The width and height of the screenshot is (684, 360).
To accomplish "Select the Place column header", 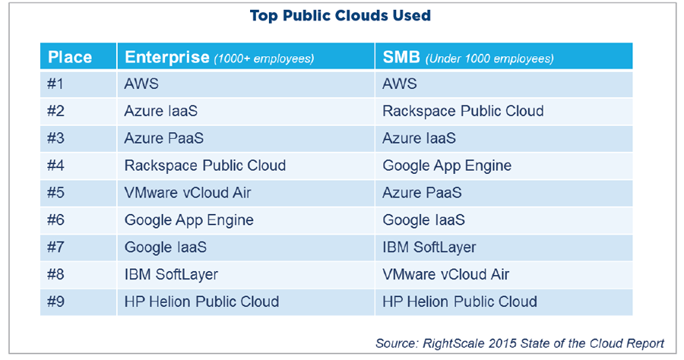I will coord(70,57).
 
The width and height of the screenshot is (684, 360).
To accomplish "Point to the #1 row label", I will coord(56,84).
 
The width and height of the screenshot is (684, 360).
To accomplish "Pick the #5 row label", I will coord(56,193).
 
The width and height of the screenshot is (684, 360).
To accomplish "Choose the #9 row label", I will coord(56,302).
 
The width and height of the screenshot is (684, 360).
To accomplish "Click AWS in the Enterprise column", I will coord(141,84).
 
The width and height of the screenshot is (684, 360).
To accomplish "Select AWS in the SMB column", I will coord(400,84).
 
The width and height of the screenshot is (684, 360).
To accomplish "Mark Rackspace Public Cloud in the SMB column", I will coord(463,111).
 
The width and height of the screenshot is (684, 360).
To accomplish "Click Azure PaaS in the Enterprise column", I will coord(164,138).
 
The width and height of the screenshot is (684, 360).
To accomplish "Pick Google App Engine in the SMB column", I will coord(447,166).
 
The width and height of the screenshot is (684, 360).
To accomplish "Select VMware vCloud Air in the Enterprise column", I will coord(188,193).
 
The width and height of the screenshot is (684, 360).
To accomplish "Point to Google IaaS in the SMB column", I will coord(423,220).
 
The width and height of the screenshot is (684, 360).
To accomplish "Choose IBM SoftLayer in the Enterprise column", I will coord(171,274).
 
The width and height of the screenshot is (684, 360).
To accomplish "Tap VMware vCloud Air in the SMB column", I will coord(446,274).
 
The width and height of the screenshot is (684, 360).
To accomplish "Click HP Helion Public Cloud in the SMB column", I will coord(460,302).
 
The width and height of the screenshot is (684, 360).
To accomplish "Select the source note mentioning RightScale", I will coord(520,343).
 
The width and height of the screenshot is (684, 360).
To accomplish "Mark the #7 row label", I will coord(56,248).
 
